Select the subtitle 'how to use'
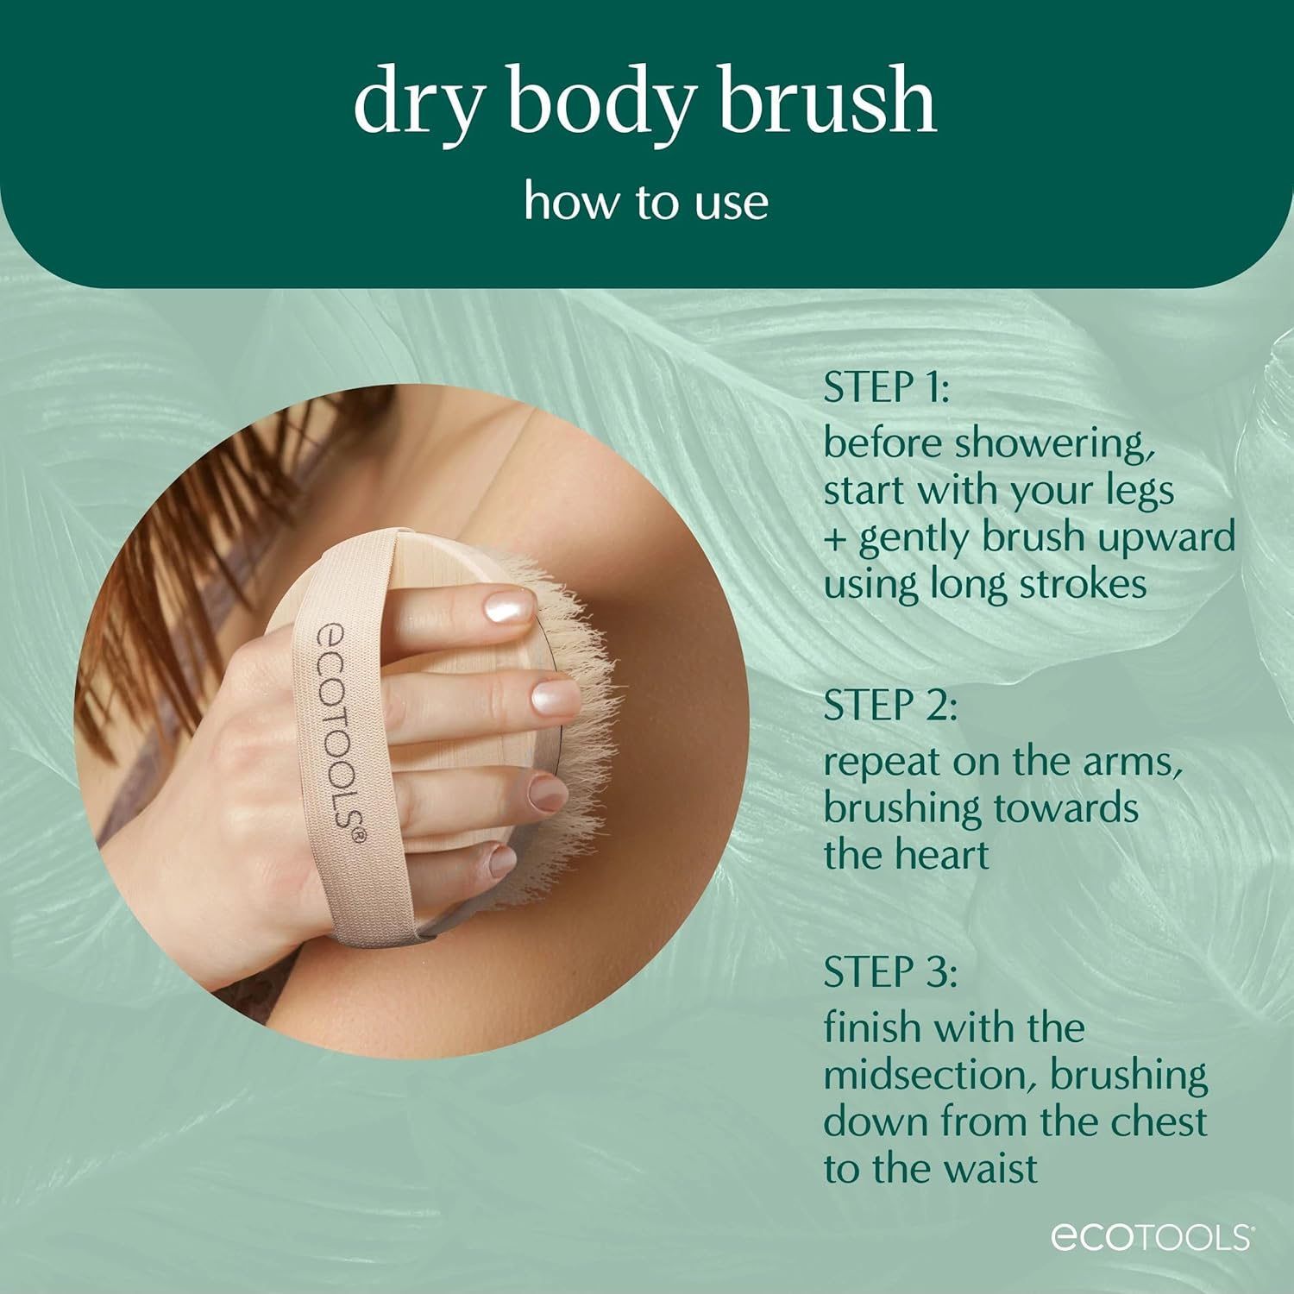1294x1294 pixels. (646, 202)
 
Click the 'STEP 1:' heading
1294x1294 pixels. (886, 387)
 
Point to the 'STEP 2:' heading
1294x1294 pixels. (890, 706)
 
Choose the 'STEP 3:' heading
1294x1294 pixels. (890, 972)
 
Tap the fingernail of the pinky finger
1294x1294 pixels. (503, 860)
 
